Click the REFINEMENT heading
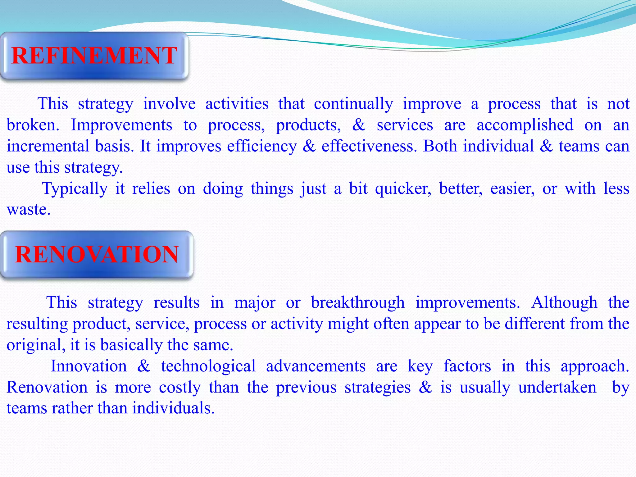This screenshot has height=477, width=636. (x=94, y=56)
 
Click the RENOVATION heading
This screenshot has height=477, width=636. (x=97, y=254)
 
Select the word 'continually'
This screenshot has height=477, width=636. (x=353, y=104)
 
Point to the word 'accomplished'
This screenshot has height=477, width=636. (x=525, y=125)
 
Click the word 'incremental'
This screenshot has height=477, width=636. (x=48, y=146)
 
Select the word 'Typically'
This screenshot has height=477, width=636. (x=75, y=189)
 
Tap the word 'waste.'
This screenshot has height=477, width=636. (x=29, y=209)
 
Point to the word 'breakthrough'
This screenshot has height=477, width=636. (x=358, y=302)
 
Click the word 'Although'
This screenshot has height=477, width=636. (x=564, y=302)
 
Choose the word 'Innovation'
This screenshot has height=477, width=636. (x=89, y=366)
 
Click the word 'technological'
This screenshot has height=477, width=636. (x=208, y=366)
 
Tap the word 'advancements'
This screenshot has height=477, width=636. (x=316, y=366)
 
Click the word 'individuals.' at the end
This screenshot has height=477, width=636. (x=173, y=408)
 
